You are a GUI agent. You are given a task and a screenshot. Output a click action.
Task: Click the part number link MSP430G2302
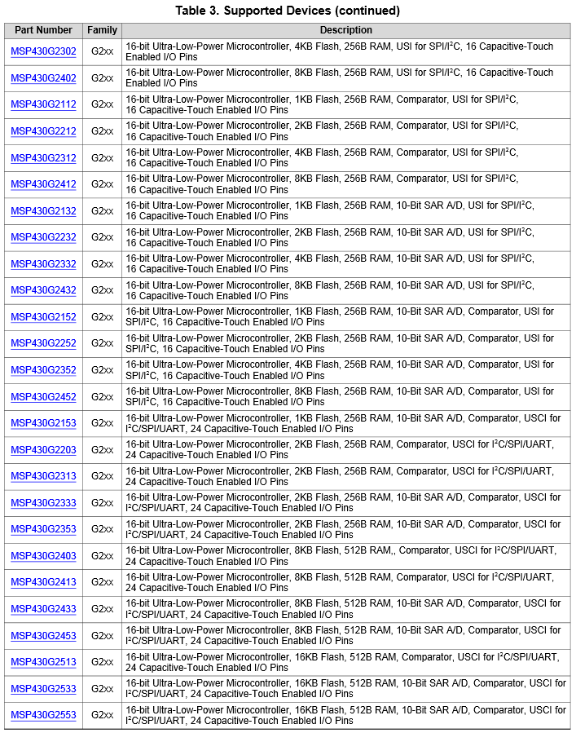coord(43,52)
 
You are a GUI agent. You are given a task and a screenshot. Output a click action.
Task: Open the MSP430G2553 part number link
coord(43,715)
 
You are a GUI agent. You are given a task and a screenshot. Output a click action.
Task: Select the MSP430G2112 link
coord(43,105)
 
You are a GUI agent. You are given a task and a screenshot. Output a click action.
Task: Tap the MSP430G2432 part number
coord(43,290)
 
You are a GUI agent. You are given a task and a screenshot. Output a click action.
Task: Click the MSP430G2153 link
coord(43,423)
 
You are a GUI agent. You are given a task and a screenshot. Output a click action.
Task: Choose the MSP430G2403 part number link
coord(43,556)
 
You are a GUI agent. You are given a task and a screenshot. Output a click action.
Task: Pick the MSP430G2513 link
coord(43,662)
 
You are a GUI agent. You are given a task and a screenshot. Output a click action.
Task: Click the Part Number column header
coord(43,30)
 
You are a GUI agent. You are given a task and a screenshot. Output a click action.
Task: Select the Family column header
coord(102,30)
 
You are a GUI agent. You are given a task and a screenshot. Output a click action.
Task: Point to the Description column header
coord(345,30)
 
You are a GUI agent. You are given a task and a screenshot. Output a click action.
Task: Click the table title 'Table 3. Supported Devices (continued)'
coord(288,11)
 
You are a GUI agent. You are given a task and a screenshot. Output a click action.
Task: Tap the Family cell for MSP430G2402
coord(102,78)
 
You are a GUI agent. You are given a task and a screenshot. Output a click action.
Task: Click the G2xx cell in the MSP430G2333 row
coord(102,503)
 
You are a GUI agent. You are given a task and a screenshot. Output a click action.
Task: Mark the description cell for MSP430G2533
coord(345,688)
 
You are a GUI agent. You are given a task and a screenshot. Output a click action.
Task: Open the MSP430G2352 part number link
coord(43,370)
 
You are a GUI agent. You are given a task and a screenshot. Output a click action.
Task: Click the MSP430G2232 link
coord(43,237)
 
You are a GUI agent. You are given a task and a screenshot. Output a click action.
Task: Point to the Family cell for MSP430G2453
coord(102,635)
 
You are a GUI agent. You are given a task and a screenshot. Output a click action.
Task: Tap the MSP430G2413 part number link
coord(43,582)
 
